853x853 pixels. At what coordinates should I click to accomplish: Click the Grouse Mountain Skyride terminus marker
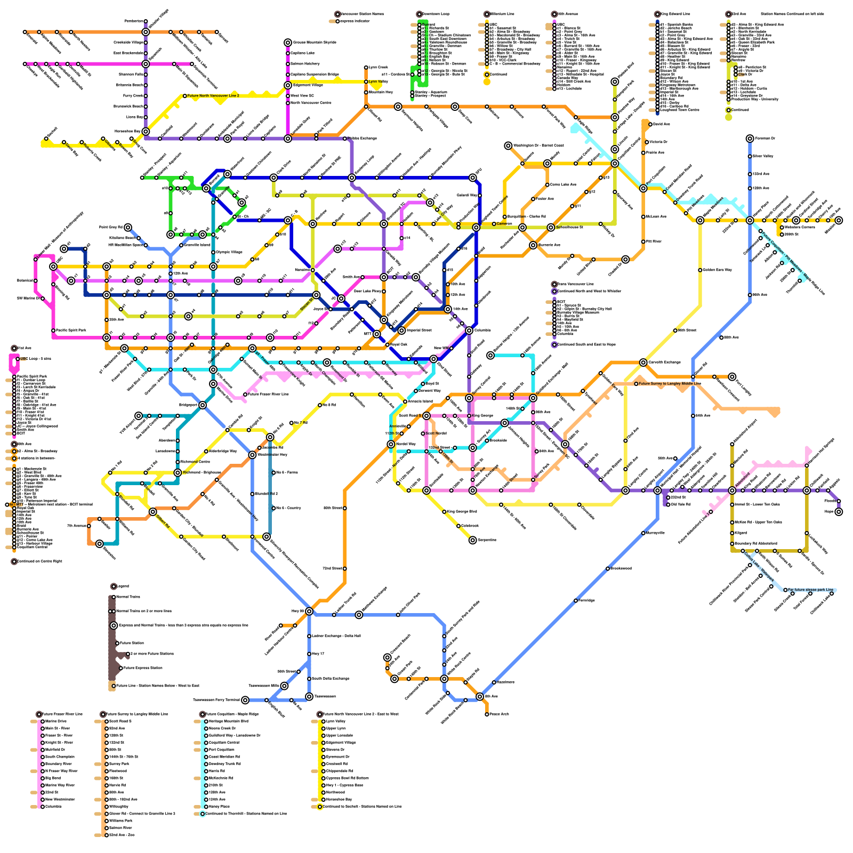pos(288,42)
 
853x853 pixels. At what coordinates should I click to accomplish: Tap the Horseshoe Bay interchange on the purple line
pos(146,131)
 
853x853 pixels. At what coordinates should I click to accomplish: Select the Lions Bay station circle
pos(146,117)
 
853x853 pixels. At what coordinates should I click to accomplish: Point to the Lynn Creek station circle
pos(366,67)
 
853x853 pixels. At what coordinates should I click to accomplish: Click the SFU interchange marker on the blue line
pos(473,178)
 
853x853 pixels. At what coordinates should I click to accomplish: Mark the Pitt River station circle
pos(643,242)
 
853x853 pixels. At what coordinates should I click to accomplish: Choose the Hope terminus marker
pos(839,511)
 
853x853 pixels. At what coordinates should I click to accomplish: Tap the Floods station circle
pos(839,501)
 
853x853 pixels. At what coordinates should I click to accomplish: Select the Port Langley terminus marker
pos(732,376)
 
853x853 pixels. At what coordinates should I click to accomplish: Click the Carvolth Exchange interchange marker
pos(643,363)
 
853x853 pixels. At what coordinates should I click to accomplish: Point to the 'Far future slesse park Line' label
pos(810,590)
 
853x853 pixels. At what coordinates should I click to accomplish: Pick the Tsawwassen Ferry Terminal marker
pos(245,700)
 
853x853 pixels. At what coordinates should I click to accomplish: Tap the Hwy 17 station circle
pos(309,654)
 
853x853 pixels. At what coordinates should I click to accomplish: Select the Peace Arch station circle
pos(487,714)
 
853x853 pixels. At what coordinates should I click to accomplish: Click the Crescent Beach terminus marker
pos(388,657)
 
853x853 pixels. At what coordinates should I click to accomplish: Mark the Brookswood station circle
pos(608,568)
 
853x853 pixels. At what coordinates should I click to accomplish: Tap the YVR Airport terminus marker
pos(139,416)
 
